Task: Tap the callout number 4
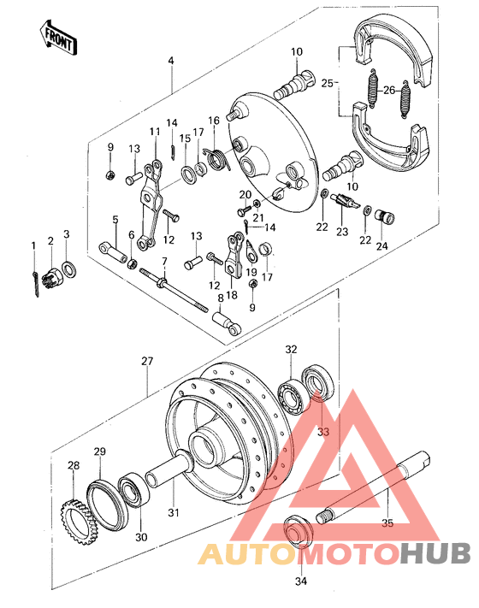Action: tap(171, 61)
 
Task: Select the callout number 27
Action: tap(146, 362)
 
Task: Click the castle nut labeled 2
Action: tap(52, 276)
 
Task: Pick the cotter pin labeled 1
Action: tap(34, 281)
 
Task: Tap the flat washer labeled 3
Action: tap(70, 269)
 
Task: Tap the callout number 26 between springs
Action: tap(389, 90)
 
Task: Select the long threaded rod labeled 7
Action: tap(179, 289)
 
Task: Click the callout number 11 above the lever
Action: tap(155, 131)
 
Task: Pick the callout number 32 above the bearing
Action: tap(292, 350)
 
